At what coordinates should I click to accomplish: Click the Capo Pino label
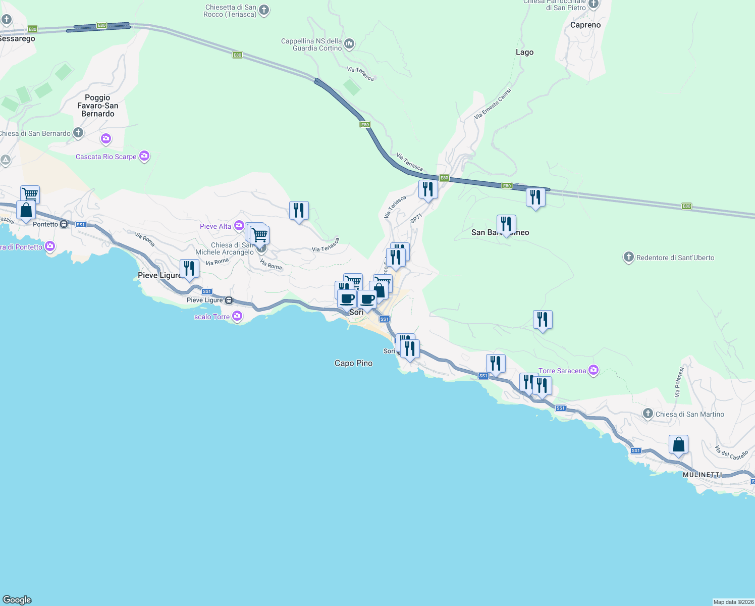(353, 363)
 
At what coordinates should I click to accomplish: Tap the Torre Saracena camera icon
(594, 371)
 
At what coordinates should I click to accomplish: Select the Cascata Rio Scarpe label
(106, 157)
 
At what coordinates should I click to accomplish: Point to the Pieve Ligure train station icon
(229, 300)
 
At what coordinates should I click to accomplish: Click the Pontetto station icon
(64, 224)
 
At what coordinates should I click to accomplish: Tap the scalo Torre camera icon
(237, 317)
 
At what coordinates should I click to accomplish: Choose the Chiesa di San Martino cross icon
(648, 414)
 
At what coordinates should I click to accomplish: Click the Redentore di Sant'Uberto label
(675, 258)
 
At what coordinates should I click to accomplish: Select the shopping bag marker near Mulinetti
(678, 445)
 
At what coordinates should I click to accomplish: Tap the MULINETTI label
(702, 475)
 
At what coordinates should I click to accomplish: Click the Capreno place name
(585, 25)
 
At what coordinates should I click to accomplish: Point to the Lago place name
(524, 52)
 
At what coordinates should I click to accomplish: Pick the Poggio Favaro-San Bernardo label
(98, 106)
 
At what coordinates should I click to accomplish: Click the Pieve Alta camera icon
(239, 226)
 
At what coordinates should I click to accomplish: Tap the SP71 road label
(416, 219)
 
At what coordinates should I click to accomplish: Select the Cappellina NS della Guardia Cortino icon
(349, 44)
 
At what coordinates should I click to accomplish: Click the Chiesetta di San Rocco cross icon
(263, 10)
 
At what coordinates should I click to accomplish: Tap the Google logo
(17, 600)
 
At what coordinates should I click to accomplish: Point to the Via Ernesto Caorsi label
(493, 104)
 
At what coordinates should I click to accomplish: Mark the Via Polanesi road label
(679, 381)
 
